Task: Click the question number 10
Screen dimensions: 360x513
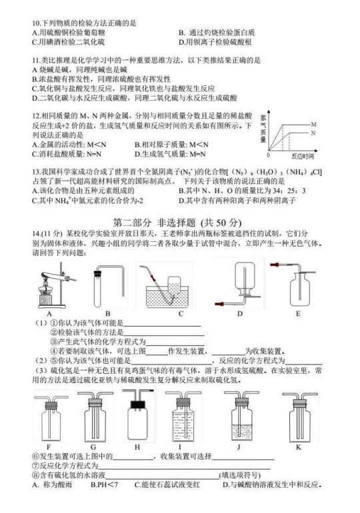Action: (36, 23)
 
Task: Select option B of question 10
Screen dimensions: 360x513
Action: (216, 33)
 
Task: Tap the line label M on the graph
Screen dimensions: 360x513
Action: (313, 125)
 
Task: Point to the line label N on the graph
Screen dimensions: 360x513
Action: (313, 133)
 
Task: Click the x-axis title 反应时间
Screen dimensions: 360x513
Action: (303, 156)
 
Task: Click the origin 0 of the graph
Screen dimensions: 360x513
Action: (269, 155)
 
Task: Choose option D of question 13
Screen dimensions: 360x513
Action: (237, 201)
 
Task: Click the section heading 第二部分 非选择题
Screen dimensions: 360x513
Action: (154, 223)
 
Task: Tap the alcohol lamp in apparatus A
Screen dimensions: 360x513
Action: (45, 295)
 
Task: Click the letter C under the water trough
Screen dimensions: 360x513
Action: (181, 314)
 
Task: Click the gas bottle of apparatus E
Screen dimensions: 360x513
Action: (299, 289)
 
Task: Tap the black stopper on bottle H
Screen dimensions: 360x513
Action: (137, 404)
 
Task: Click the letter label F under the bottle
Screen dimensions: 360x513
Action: (49, 446)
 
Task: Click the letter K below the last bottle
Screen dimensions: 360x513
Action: (299, 446)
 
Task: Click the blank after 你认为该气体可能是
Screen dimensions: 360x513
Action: (162, 326)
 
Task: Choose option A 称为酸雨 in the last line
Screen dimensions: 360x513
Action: (52, 484)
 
